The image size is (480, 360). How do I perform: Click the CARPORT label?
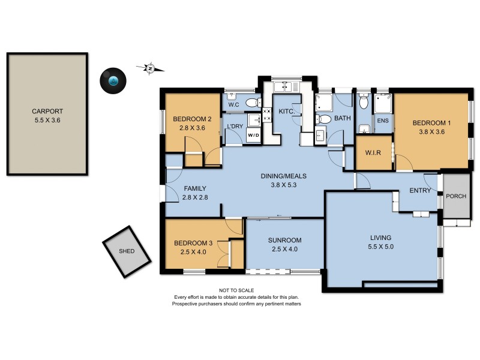pos(48,111)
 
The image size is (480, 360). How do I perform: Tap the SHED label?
pos(126,251)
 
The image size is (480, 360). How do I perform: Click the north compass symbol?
pos(150,68)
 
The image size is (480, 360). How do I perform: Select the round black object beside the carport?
pos(113,80)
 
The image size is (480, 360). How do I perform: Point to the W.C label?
pos(234,106)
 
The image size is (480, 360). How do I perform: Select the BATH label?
pos(342,118)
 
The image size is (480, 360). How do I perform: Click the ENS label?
pos(382,121)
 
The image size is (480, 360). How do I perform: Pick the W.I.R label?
pos(373,152)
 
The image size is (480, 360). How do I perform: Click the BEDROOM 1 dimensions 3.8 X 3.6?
pos(431,133)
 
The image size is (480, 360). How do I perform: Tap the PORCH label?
pos(455,196)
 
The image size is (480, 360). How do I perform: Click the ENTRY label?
pos(420,190)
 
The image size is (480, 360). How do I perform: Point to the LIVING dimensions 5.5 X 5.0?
pos(381,246)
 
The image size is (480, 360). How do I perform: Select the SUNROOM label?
pos(284,240)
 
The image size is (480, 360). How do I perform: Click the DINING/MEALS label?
pos(284,176)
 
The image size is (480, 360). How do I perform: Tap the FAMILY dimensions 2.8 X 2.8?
pos(195,197)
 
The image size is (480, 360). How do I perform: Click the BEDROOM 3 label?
pos(194,243)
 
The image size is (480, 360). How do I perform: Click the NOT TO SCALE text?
pos(236,290)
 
